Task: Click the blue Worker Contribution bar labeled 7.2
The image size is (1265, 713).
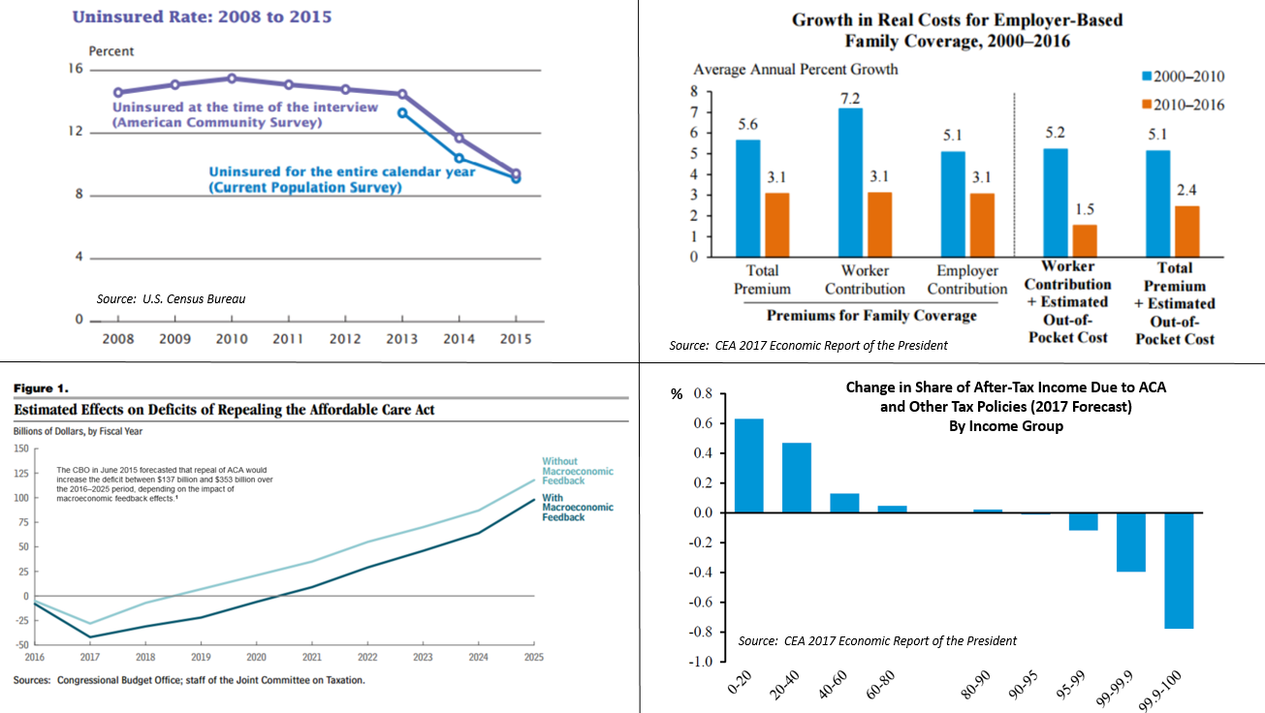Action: tap(850, 182)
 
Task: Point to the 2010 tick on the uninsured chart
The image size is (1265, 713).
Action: tap(231, 339)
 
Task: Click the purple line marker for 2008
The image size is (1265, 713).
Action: tap(117, 92)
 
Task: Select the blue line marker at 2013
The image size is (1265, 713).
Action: tap(402, 113)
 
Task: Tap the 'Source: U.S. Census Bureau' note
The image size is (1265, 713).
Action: tap(171, 298)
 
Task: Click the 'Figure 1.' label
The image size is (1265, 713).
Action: tap(41, 388)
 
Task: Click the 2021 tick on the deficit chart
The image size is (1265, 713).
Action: tap(311, 657)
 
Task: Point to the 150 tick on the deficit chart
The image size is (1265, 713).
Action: tap(20, 449)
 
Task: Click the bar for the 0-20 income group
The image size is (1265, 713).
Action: tap(748, 465)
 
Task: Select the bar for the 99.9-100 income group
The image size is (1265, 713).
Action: tap(1180, 571)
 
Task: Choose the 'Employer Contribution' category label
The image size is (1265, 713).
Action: tap(966, 279)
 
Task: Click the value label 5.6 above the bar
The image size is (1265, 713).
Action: tap(747, 123)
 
